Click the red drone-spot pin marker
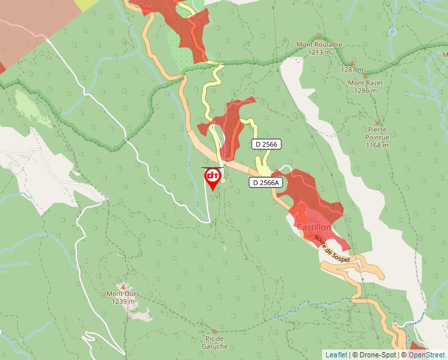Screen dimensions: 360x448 click(213, 178)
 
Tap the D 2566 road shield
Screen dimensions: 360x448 click(266, 143)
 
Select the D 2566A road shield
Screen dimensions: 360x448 click(266, 182)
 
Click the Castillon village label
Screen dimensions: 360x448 click(314, 227)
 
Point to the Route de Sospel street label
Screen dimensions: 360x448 click(329, 249)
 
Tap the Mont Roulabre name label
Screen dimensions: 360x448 click(320, 45)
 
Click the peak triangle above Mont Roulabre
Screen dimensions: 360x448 click(320, 37)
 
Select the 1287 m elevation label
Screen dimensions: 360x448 click(352, 69)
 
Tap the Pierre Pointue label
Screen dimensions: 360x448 click(378, 134)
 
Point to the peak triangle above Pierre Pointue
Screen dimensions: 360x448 click(378, 122)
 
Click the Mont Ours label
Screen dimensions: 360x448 click(123, 294)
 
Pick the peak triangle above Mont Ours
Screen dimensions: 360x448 click(123, 286)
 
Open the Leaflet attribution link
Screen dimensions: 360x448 click(336, 355)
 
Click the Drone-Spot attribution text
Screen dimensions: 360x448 click(374, 355)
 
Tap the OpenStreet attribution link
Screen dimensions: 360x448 click(427, 355)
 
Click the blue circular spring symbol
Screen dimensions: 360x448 click(393, 31)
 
